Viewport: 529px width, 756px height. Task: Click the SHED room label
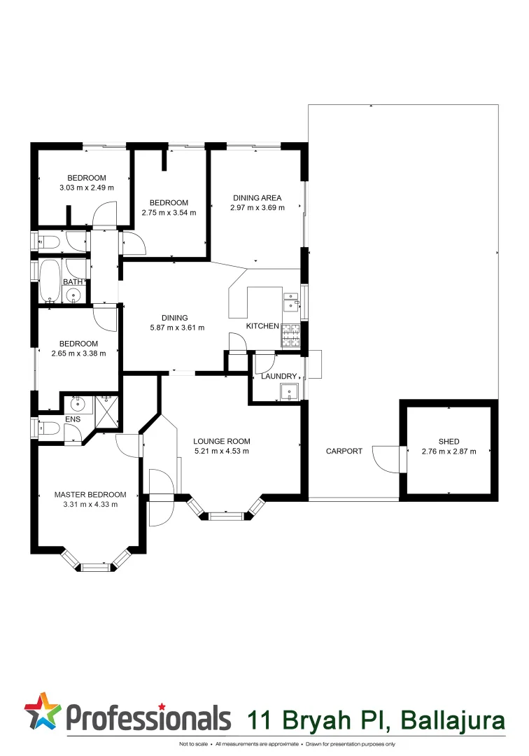click(x=449, y=441)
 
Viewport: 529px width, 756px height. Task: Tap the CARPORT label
click(x=344, y=451)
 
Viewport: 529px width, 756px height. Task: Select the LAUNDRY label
click(x=278, y=377)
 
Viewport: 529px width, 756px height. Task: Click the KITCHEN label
click(x=262, y=326)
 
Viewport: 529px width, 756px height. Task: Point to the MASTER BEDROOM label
click(x=90, y=495)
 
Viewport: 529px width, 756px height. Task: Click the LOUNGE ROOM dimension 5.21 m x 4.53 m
click(x=221, y=451)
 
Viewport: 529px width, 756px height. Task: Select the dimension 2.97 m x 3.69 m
click(x=258, y=207)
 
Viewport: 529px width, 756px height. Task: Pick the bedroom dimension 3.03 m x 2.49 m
click(x=87, y=188)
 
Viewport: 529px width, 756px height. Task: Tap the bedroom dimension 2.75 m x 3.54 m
click(x=169, y=212)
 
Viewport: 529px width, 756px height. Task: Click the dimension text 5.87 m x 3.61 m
click(x=177, y=327)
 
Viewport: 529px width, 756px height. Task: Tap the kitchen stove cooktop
click(x=290, y=336)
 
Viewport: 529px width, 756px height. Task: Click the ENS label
click(x=73, y=419)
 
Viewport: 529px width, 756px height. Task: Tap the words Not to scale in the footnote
click(x=193, y=744)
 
